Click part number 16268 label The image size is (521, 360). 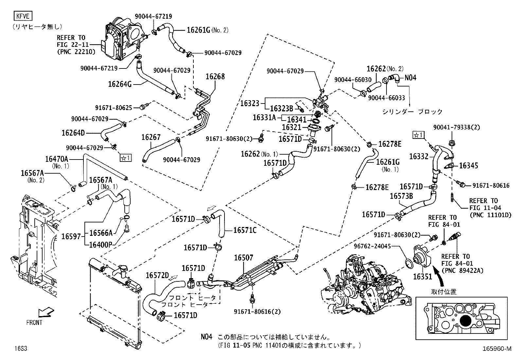[215, 77]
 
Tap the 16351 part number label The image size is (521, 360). [422, 276]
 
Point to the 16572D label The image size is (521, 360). [157, 275]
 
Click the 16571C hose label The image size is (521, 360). [245, 230]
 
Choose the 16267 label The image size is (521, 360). [151, 137]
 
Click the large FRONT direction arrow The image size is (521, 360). [45, 312]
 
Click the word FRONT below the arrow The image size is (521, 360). [34, 323]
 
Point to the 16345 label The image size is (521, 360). [468, 165]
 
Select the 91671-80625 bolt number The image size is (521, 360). [114, 107]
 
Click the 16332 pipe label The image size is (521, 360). [419, 157]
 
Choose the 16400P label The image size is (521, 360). [100, 244]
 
